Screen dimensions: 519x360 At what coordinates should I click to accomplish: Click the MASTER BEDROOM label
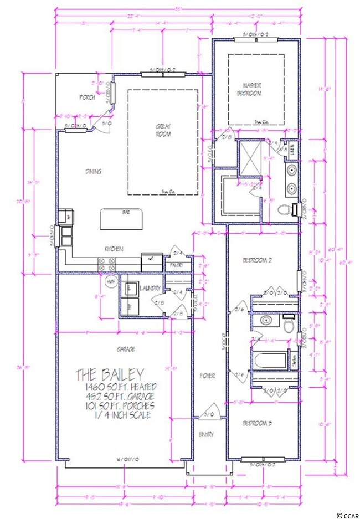point(252,89)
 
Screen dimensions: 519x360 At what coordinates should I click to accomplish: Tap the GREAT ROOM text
point(163,131)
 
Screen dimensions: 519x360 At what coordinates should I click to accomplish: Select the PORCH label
point(87,97)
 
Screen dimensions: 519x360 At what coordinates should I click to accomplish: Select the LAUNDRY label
point(151,289)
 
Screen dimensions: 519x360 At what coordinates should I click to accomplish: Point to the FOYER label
point(207,376)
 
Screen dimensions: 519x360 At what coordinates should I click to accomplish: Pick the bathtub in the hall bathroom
point(270,359)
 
